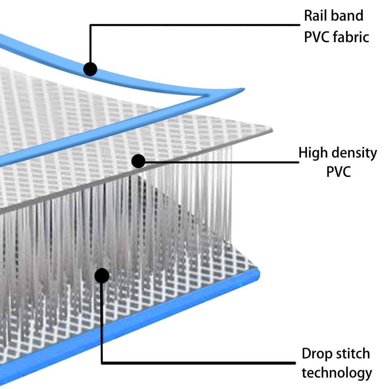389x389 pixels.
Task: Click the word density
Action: click(x=354, y=153)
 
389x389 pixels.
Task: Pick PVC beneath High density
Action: click(x=338, y=172)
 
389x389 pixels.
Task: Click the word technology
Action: click(x=337, y=373)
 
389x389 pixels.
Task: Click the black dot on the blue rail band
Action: click(x=90, y=69)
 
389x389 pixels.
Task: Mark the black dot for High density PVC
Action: click(x=138, y=161)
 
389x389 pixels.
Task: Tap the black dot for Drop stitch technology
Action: click(x=102, y=275)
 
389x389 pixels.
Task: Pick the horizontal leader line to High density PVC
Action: click(x=220, y=162)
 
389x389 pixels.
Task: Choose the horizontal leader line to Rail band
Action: click(x=194, y=25)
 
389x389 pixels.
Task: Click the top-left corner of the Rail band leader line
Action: click(x=90, y=25)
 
